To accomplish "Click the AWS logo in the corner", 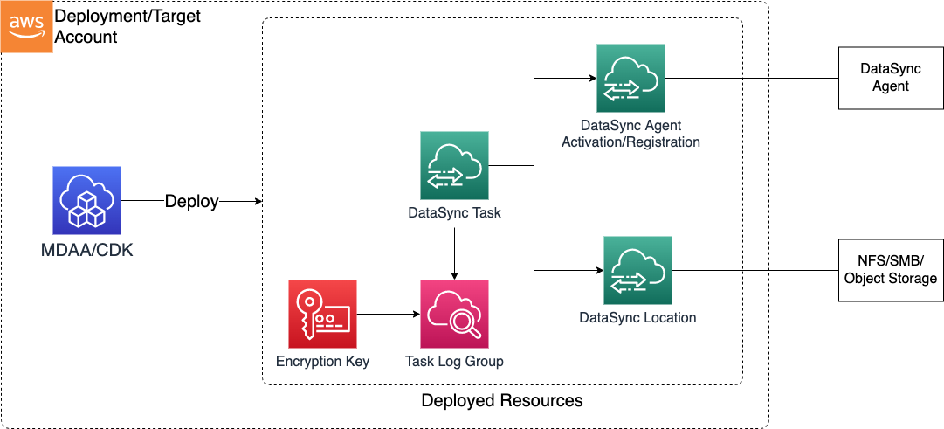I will click(x=26, y=26).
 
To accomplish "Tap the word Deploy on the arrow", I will click(x=192, y=202).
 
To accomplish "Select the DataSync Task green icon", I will click(x=454, y=165).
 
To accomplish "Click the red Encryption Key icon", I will click(x=322, y=314).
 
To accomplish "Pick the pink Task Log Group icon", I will click(x=454, y=314).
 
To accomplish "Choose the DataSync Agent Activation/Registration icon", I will click(x=630, y=78).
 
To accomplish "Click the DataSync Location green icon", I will click(x=637, y=270).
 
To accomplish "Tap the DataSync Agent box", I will click(x=890, y=77).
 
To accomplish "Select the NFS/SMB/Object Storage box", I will click(x=890, y=270).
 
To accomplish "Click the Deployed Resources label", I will click(x=501, y=401).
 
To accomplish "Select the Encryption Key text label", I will click(x=322, y=361).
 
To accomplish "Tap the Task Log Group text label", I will click(x=454, y=361).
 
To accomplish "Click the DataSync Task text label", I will click(x=454, y=212).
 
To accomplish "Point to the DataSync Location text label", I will click(x=637, y=317).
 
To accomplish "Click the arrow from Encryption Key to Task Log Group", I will click(x=388, y=314).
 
